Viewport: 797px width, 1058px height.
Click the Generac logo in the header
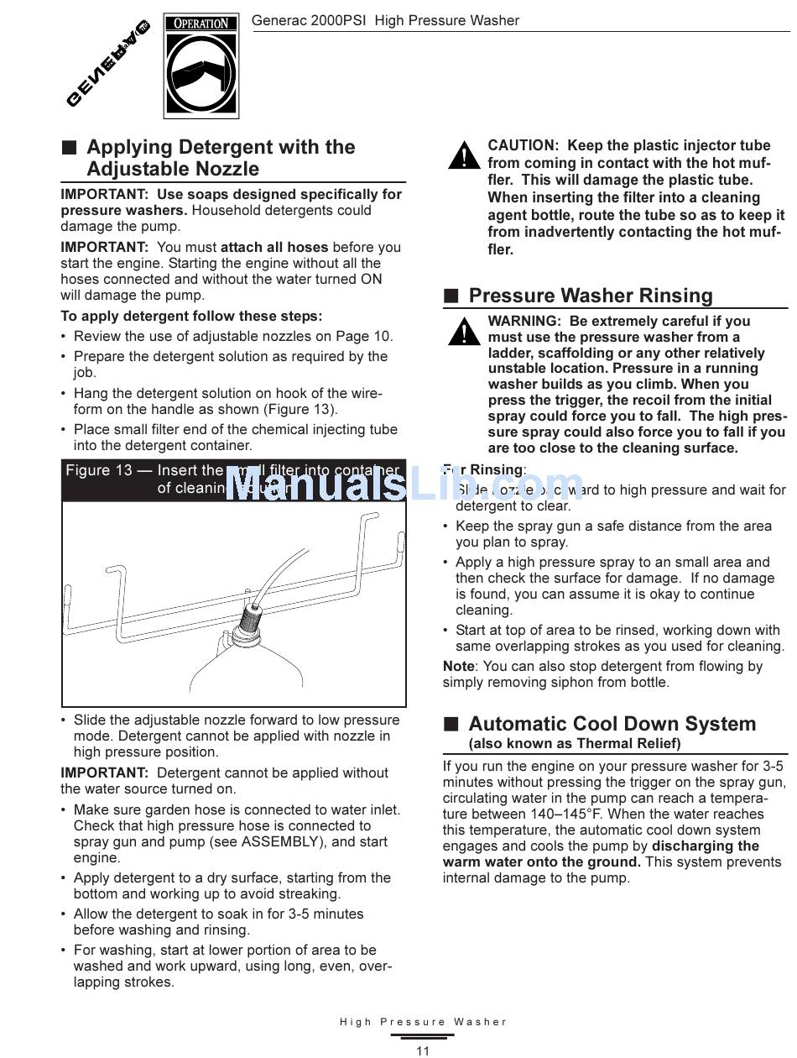107,63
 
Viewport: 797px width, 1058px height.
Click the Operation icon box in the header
201,66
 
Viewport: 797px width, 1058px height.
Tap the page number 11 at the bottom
423,1050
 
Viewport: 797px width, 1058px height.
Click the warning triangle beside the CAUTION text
463,156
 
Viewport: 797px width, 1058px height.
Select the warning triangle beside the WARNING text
463,332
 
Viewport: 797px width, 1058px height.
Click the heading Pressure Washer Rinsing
591,296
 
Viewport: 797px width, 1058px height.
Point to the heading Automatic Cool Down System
612,724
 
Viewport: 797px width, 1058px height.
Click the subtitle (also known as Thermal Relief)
574,743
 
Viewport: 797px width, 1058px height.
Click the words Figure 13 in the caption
99,470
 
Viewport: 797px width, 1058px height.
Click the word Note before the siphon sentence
458,666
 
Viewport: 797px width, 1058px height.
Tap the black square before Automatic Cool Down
451,724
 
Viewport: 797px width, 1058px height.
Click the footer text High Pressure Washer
423,1022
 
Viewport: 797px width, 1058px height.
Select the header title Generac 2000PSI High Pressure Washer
385,20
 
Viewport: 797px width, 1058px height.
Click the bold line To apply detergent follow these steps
191,317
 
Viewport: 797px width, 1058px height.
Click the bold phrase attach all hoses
274,247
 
